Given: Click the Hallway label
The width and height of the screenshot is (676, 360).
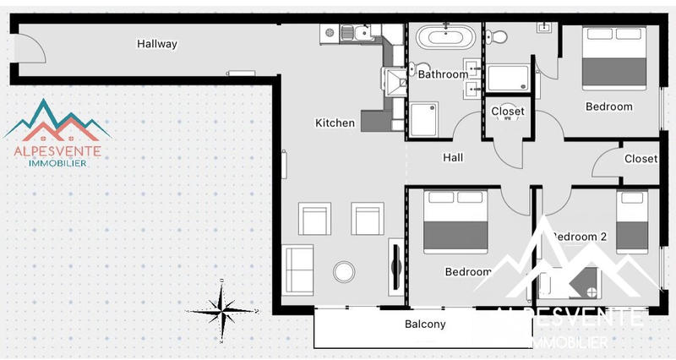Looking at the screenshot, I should click(157, 44).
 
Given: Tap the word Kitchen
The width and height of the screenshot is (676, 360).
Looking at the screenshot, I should click(335, 123).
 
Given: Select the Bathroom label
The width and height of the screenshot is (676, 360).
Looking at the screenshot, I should click(443, 74).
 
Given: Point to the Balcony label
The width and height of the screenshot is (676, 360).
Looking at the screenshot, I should click(425, 325).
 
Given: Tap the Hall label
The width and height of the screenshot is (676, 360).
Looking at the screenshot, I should click(453, 157).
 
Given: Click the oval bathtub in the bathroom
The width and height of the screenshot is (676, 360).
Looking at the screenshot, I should click(444, 37).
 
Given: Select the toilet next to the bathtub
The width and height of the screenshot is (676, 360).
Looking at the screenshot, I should click(499, 35).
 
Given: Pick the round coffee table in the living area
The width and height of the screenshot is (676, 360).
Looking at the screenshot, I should click(345, 272).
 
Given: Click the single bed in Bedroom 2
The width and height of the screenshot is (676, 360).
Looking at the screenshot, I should click(631, 223).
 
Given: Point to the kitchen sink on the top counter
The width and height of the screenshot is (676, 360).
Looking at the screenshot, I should click(363, 34).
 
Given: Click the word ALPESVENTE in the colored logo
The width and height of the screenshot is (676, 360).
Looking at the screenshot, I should click(57, 151).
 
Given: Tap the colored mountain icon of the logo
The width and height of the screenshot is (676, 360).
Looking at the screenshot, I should click(57, 119).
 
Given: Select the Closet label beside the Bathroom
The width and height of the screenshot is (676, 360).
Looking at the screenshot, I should click(507, 111).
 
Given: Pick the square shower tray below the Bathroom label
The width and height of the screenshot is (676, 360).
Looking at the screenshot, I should click(424, 119).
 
